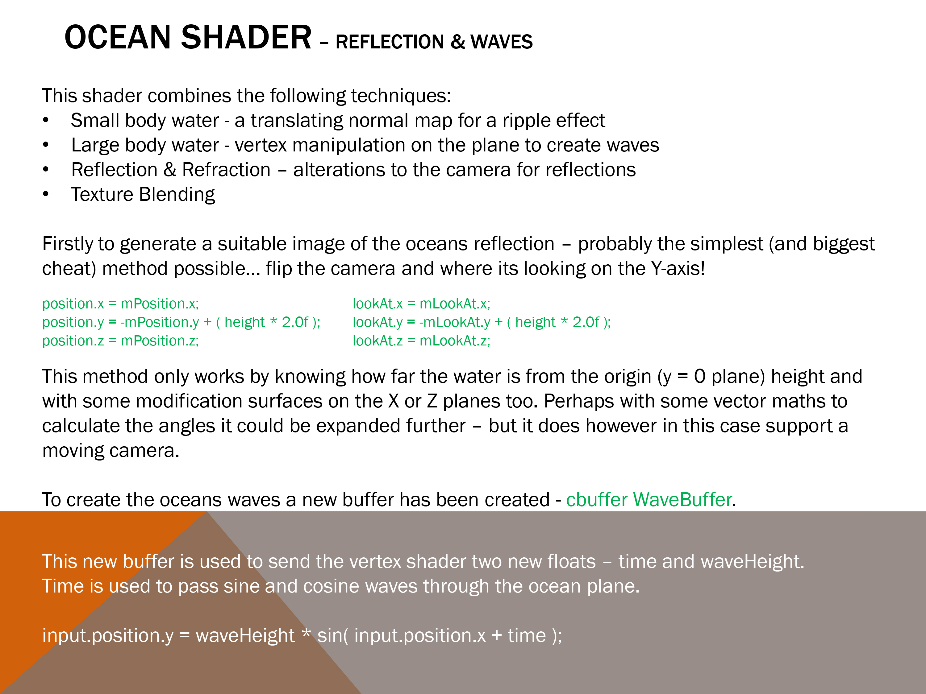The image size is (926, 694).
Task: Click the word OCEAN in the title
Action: coord(118,37)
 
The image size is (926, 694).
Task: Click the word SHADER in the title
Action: coord(246,37)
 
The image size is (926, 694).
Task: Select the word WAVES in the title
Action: coord(502,42)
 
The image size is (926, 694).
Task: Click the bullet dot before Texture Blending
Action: coord(46,194)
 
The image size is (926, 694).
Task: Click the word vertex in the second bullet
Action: coord(261,145)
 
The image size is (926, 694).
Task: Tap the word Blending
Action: coord(177,195)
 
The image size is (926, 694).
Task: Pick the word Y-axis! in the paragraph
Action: coord(678,269)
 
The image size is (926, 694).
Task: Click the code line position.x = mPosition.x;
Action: coord(121,304)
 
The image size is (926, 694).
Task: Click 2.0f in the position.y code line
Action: coord(295,322)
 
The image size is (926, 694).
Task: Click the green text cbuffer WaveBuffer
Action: coord(649,500)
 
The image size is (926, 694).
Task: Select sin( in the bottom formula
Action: coord(333,636)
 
